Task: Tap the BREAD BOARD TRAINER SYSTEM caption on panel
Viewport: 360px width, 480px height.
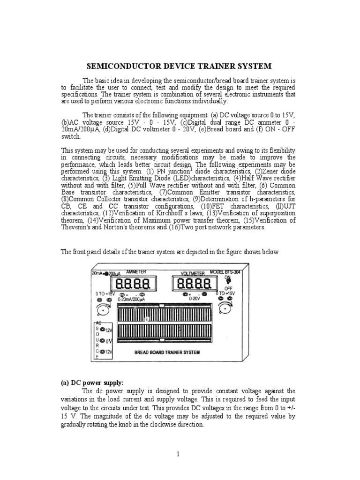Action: [165, 352]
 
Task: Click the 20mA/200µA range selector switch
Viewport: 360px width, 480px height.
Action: [106, 273]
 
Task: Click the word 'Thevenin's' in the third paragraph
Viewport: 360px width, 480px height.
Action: [77, 227]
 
